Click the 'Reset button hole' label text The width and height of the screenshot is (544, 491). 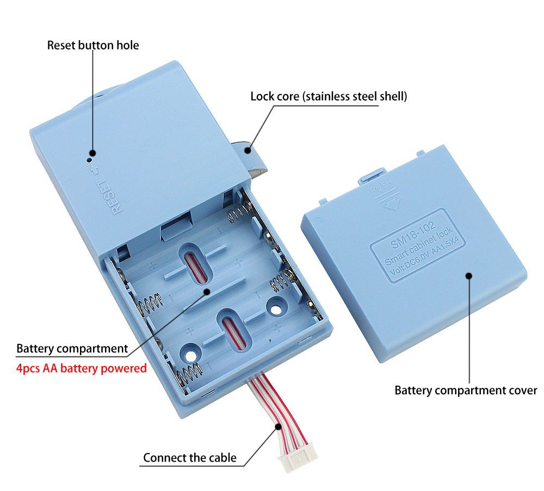93,45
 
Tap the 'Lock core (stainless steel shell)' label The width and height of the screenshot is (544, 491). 329,97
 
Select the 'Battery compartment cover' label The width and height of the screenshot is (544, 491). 466,390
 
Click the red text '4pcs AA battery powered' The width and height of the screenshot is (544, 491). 82,368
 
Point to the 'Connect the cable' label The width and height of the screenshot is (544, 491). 190,457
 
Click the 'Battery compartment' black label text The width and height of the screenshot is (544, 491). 72,348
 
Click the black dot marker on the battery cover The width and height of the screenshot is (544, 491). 469,275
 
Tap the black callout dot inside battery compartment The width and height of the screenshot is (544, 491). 207,292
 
